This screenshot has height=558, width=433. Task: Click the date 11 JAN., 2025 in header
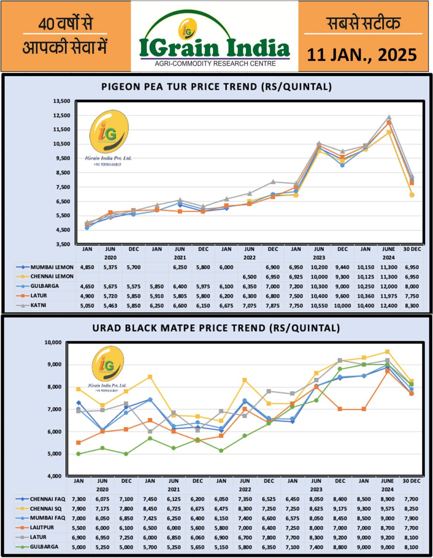point(362,55)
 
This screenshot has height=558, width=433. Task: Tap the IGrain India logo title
point(215,48)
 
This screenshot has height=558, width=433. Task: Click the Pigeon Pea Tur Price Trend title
point(216,86)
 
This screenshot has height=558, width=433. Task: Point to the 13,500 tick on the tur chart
point(61,101)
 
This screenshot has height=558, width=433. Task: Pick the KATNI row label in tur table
point(38,306)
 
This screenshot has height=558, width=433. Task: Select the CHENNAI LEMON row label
point(52,276)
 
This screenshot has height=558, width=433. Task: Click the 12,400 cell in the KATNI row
point(389,306)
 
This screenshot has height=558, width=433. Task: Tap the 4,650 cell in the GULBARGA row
point(87,286)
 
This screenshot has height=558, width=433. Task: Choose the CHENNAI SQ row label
point(46,508)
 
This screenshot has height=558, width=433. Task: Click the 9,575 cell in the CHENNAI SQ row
point(387,508)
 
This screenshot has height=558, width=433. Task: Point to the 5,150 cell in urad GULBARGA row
point(221,547)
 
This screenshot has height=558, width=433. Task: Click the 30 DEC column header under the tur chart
point(412,249)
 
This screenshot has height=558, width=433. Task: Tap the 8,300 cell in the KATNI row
point(412,306)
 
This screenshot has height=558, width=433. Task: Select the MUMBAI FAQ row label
point(48,518)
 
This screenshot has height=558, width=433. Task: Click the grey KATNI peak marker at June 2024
point(389,117)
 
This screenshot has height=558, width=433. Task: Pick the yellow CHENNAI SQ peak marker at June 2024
point(387,352)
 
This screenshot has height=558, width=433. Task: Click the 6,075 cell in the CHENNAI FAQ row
point(102,499)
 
